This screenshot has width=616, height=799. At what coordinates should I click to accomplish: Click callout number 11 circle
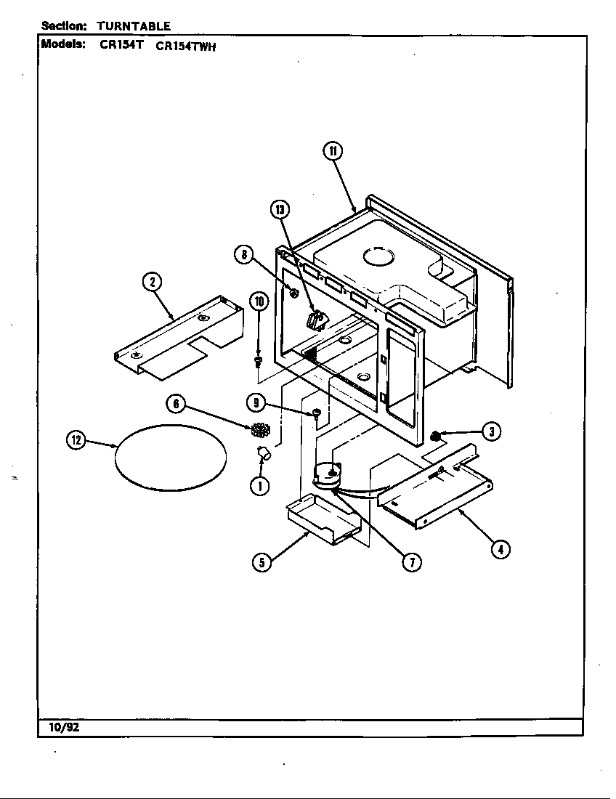coord(332,150)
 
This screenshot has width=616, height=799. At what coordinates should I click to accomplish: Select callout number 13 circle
coord(280,210)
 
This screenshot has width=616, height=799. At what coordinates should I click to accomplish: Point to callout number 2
coord(151,283)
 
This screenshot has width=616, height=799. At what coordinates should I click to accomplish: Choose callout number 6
coord(175,404)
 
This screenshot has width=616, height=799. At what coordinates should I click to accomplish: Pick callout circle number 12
coord(76,441)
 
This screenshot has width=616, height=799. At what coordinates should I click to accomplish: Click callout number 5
coord(262,561)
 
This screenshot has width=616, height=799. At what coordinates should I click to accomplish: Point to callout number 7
coord(411,561)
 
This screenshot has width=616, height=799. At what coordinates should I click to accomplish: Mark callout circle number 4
coord(499,548)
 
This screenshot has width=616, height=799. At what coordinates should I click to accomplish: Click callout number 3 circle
coord(492,431)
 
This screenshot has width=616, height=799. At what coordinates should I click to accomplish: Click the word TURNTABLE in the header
coord(134,26)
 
